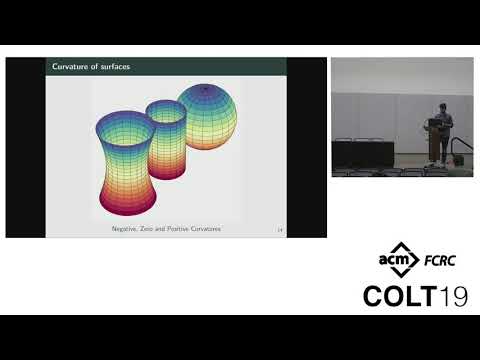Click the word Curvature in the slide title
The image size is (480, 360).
click(71, 67)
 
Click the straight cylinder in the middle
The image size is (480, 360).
click(166, 140)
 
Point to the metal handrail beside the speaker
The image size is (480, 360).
click(459, 150)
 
